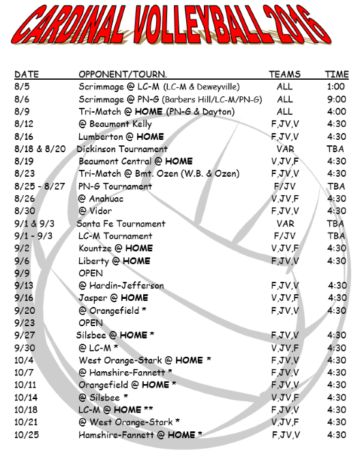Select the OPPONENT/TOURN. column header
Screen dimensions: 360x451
pyautogui.click(x=123, y=74)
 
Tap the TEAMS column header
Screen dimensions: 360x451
pyautogui.click(x=284, y=74)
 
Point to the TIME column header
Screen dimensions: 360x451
pyautogui.click(x=336, y=74)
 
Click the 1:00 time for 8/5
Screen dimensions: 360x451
pyautogui.click(x=335, y=87)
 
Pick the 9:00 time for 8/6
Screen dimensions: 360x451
pyautogui.click(x=335, y=99)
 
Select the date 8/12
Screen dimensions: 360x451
pyautogui.click(x=23, y=124)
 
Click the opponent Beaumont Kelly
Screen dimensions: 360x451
pyautogui.click(x=115, y=124)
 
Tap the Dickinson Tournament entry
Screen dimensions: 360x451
pyautogui.click(x=122, y=149)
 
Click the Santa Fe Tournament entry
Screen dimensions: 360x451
pyautogui.click(x=121, y=223)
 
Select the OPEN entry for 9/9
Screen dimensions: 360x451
pyautogui.click(x=91, y=273)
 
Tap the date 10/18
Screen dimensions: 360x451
pyautogui.click(x=25, y=409)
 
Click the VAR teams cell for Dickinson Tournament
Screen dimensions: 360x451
pyautogui.click(x=285, y=149)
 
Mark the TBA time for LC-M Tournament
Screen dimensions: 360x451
pyautogui.click(x=335, y=235)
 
